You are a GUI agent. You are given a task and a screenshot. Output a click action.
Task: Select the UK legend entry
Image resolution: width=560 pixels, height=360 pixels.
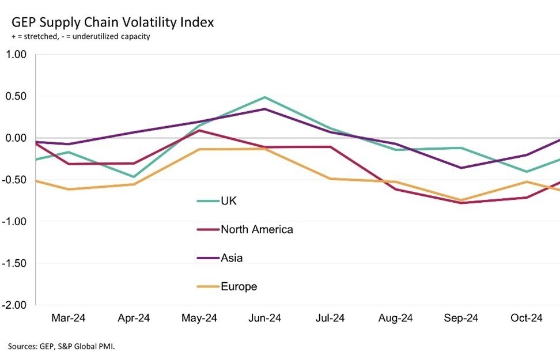229,201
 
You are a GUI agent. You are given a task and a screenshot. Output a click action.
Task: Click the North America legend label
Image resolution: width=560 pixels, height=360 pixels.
256,229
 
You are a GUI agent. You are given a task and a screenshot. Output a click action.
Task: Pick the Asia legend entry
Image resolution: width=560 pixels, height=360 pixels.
232,257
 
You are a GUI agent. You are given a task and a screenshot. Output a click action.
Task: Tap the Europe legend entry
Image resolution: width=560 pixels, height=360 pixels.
239,286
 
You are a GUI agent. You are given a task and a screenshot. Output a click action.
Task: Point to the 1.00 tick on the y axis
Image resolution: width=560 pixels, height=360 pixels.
17,55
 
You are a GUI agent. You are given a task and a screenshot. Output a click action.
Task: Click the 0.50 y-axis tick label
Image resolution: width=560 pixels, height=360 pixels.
17,96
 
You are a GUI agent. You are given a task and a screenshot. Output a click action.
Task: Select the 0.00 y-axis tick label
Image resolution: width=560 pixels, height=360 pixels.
17,138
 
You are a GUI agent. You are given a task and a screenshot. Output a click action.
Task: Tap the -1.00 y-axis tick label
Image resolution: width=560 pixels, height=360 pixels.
15,222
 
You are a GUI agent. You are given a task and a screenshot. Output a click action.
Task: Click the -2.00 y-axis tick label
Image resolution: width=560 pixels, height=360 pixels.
15,305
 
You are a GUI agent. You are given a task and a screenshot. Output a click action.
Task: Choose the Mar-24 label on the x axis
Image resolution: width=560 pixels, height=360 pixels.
68,319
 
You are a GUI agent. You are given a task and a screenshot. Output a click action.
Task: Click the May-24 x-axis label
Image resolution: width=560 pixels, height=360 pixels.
199,319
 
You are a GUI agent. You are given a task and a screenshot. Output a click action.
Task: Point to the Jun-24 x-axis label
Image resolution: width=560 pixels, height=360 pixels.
265,319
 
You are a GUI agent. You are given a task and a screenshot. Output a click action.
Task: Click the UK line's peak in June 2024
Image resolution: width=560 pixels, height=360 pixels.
265,97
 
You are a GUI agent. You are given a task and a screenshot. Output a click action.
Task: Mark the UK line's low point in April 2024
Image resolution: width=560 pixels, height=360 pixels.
134,177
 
